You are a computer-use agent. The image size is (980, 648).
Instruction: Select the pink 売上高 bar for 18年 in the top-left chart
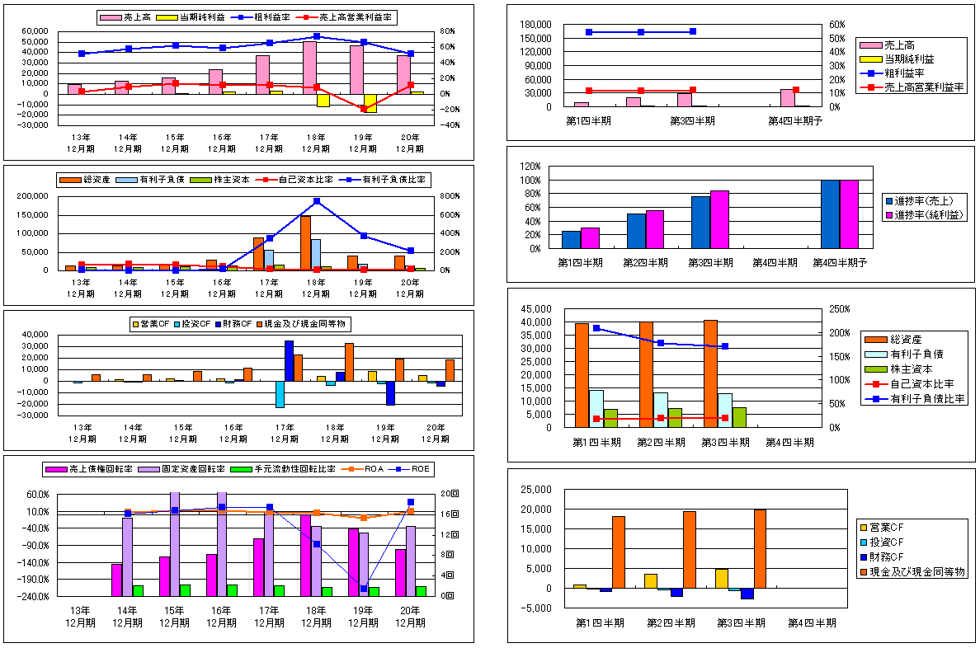309,68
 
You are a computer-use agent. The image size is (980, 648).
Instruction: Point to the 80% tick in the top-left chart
452,31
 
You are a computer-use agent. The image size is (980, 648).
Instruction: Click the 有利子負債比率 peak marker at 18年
317,200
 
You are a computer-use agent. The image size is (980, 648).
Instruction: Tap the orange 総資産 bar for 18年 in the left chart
305,242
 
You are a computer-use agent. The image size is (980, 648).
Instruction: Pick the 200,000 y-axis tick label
33,196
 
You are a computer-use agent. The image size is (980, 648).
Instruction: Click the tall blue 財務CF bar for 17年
290,360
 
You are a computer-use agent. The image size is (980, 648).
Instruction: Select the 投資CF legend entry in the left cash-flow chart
189,323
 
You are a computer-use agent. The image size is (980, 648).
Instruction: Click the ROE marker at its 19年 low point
364,588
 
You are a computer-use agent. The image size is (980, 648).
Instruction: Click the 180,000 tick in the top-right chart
537,25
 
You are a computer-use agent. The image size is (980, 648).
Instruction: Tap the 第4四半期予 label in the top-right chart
794,120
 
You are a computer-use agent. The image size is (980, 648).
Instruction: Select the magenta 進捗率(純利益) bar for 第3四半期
719,219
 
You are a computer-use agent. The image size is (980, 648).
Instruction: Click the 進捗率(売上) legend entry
923,201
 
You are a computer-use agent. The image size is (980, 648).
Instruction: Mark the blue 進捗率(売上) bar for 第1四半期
571,239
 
